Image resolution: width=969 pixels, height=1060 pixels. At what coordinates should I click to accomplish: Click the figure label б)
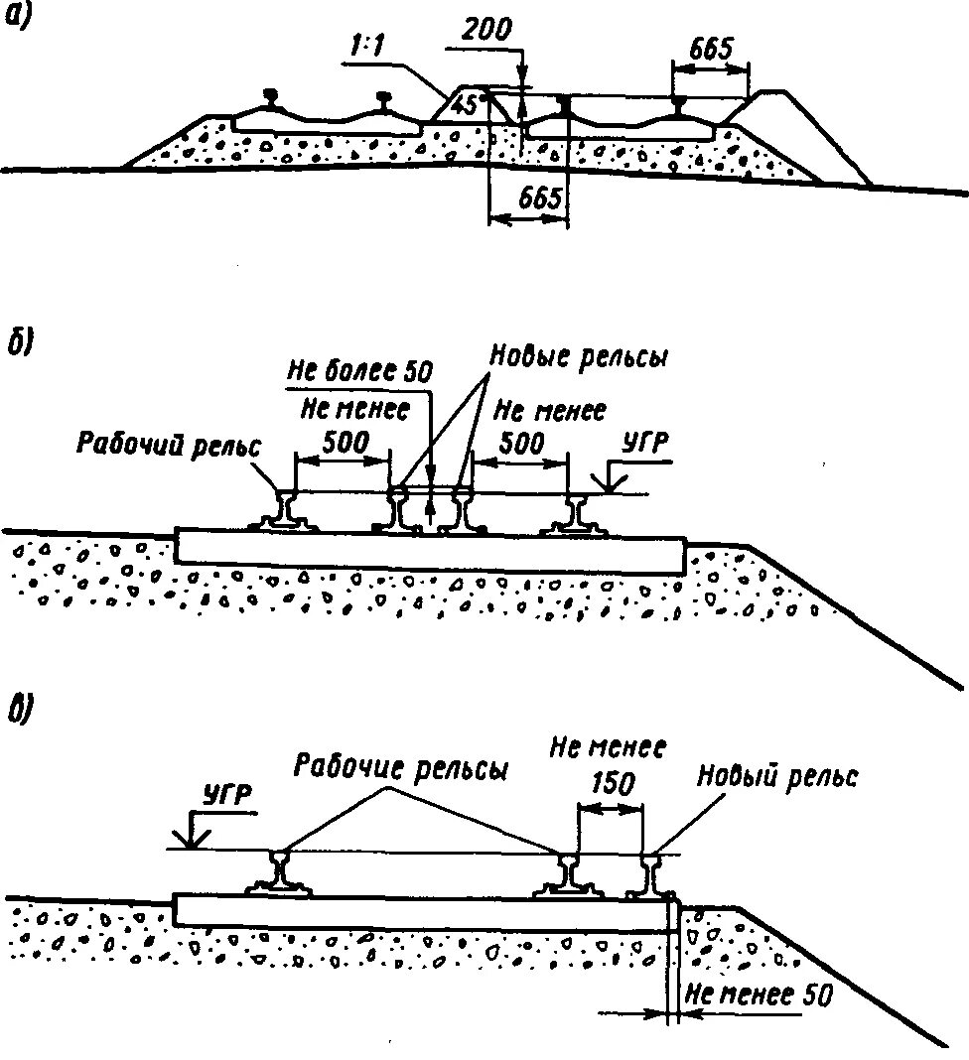[20, 343]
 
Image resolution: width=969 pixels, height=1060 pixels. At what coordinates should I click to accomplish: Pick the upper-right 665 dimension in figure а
[709, 48]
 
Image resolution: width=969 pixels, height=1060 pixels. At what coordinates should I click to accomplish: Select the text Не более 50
[359, 373]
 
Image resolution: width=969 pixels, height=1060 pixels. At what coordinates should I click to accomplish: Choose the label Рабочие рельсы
[400, 767]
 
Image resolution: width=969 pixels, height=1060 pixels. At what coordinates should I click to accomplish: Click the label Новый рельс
[776, 777]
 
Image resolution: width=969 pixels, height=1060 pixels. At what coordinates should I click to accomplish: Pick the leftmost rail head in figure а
[270, 97]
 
